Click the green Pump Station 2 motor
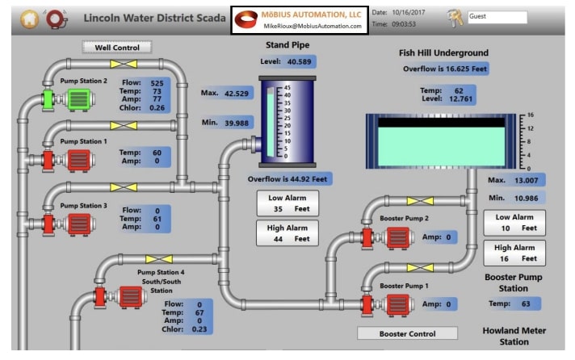[x=80, y=99]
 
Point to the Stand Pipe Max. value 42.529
[x=237, y=94]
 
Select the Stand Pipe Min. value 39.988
[x=237, y=122]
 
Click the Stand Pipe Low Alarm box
[x=287, y=202]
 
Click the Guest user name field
[x=496, y=17]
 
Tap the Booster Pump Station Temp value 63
[x=526, y=303]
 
